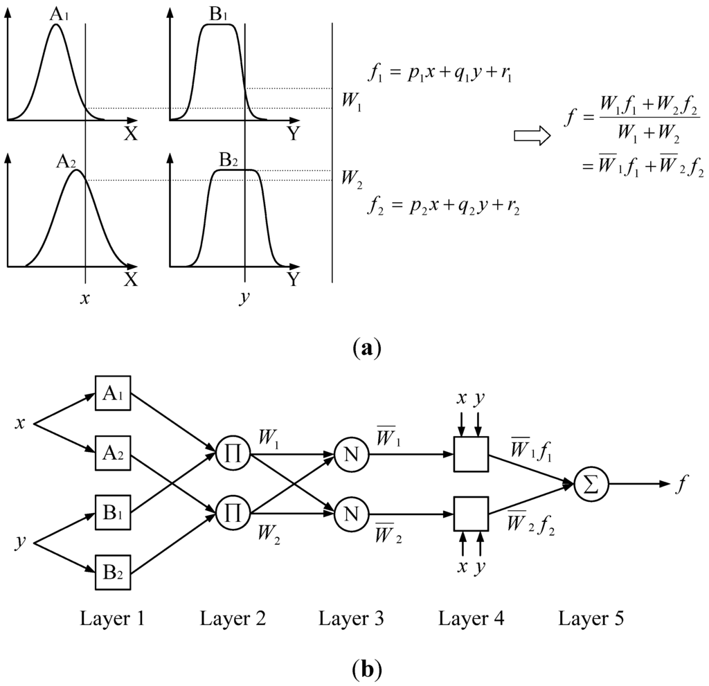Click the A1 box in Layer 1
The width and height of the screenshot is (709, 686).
tap(113, 395)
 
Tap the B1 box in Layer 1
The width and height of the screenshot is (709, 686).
tap(113, 513)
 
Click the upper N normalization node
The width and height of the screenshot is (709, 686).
tap(351, 455)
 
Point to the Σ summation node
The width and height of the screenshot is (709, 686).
tap(589, 484)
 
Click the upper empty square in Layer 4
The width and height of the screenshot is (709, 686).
tap(471, 455)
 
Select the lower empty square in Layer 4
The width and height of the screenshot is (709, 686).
tap(471, 513)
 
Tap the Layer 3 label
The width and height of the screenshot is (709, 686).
tap(351, 618)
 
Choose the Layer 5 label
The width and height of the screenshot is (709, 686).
tap(589, 618)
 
